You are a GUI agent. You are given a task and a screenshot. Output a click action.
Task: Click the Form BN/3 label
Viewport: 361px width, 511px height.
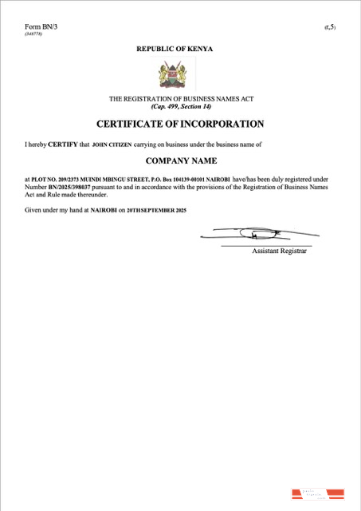click(41, 27)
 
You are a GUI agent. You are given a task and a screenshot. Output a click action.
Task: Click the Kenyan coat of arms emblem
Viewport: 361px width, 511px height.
click(175, 73)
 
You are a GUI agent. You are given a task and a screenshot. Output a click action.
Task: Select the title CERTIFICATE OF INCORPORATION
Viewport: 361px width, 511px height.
click(179, 125)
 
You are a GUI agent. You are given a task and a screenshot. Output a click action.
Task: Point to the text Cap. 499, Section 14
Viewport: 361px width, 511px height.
click(179, 106)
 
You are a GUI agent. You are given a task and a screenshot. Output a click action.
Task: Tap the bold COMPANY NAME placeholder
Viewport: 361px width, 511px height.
click(179, 160)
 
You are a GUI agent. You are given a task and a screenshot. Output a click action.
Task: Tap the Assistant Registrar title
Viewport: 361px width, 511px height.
click(279, 252)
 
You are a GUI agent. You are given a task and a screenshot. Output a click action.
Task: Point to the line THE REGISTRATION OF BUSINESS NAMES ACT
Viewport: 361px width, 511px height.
click(179, 99)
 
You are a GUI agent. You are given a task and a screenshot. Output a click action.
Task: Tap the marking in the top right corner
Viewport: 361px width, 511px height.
click(330, 28)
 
